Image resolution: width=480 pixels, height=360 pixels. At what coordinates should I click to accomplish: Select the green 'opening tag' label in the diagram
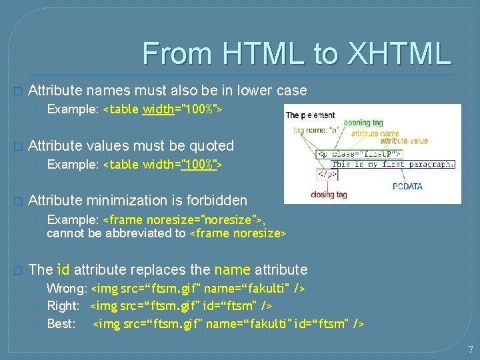pos(364,123)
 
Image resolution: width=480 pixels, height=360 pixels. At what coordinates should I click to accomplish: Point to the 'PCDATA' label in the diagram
pos(407,186)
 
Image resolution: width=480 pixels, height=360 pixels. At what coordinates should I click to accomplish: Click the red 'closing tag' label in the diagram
pos(329,195)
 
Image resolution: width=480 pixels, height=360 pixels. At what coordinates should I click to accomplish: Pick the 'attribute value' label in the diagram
pos(404,141)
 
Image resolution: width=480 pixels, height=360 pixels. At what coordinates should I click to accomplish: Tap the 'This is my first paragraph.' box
pos(393,163)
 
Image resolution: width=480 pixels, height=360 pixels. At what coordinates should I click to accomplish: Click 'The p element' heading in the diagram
pos(311,115)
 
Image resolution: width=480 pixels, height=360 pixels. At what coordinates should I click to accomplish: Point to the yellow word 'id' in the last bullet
pos(63,269)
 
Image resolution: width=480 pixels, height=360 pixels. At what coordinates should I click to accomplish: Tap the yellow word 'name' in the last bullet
pos(232,269)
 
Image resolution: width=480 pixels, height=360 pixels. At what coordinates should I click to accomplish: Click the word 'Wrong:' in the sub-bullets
pos(67,289)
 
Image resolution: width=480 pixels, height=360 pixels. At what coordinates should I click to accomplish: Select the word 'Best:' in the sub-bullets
pos(61,324)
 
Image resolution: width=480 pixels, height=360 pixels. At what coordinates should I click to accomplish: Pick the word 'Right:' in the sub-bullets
pos(63,306)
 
